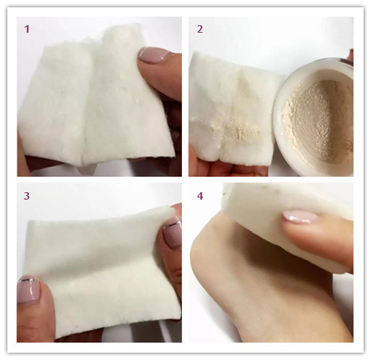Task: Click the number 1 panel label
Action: pyautogui.click(x=27, y=29)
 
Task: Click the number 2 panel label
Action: pyautogui.click(x=200, y=29)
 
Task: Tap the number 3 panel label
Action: pyautogui.click(x=27, y=196)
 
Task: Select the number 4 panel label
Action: pyautogui.click(x=200, y=196)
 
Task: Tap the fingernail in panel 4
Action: pyautogui.click(x=300, y=217)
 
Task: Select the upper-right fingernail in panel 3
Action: pyautogui.click(x=172, y=234)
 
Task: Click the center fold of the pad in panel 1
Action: pyautogui.click(x=87, y=104)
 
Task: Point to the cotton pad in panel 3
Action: pyautogui.click(x=104, y=269)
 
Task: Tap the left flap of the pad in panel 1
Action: pyautogui.click(x=54, y=104)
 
